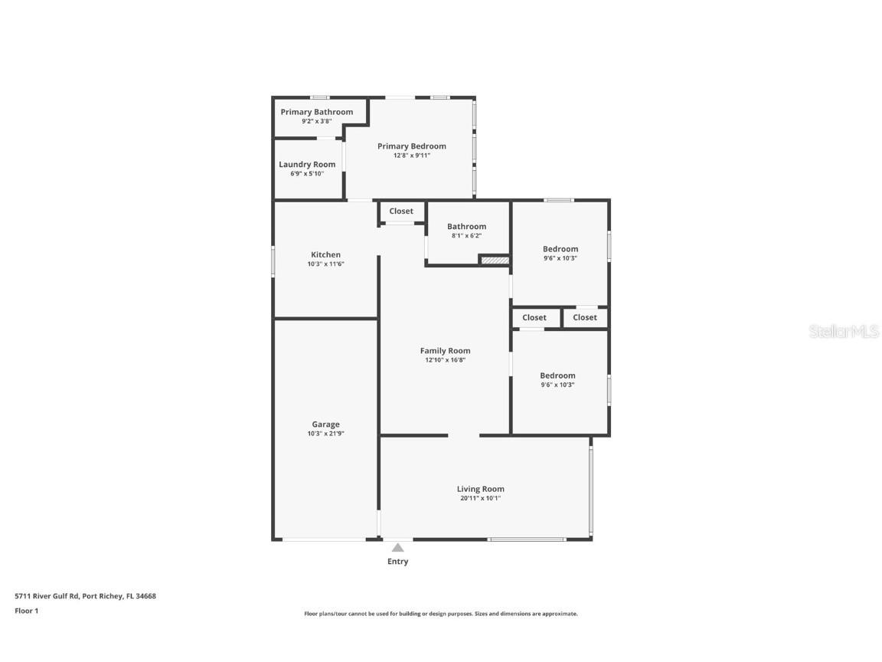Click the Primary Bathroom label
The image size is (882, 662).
tap(316, 112)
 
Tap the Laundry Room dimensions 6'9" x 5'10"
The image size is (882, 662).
tap(306, 174)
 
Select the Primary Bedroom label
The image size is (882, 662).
tap(411, 146)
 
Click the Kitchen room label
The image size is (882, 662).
tap(325, 255)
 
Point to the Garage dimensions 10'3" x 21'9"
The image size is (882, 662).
tap(325, 434)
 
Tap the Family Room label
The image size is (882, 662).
tap(445, 351)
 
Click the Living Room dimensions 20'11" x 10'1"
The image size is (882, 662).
tap(480, 498)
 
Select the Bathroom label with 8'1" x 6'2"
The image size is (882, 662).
tap(466, 227)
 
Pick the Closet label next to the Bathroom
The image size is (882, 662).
tap(400, 211)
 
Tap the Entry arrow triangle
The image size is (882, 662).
tap(397, 547)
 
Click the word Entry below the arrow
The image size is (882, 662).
tap(397, 562)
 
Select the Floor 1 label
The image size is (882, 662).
tap(26, 611)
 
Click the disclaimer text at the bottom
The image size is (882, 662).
tap(440, 614)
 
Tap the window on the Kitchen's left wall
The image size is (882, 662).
tap(273, 260)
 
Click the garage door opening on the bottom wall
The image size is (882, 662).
tap(325, 539)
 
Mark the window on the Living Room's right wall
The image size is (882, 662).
tap(590, 490)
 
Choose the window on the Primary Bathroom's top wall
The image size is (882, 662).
tap(319, 97)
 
